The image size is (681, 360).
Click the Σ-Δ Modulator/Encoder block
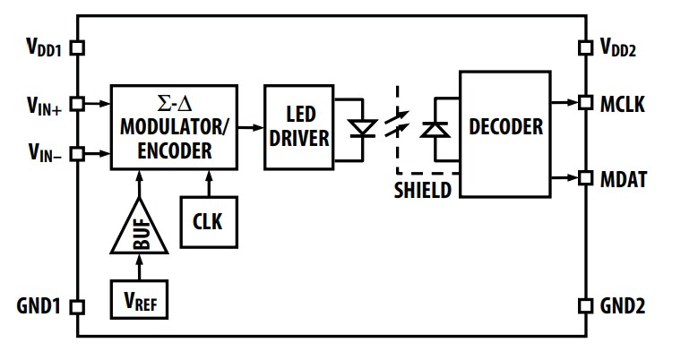(x=174, y=127)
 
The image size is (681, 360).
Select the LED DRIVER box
(x=298, y=127)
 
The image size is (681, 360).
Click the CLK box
(x=208, y=221)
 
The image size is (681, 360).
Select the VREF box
(x=138, y=299)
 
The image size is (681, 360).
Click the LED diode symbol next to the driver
(x=363, y=128)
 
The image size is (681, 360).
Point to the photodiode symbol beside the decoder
(x=435, y=130)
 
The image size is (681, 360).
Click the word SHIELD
(x=423, y=190)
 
